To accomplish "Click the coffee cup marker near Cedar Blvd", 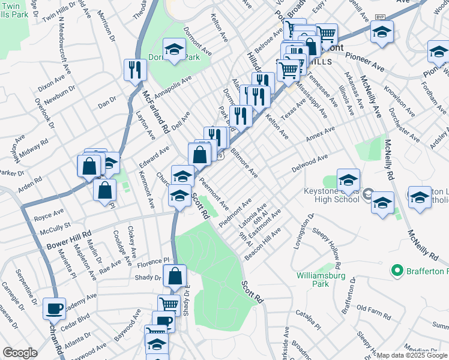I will click(55, 310).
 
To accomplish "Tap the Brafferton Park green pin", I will click(396, 272).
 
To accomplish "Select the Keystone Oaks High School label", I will click(325, 198).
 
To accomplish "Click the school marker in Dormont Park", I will click(175, 50).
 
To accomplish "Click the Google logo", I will click(20, 353).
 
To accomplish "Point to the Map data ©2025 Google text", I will click(412, 355).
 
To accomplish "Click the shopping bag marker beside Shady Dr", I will click(175, 277).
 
